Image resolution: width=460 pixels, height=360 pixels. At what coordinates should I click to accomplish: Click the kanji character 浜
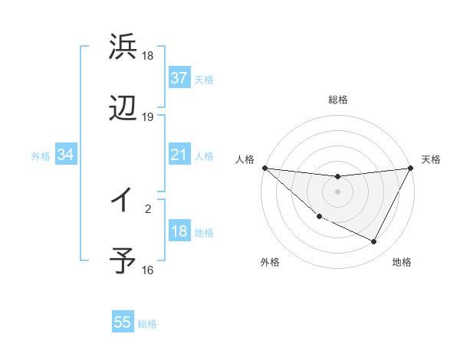[x=123, y=48]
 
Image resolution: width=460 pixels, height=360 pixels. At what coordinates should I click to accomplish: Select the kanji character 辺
[x=123, y=109]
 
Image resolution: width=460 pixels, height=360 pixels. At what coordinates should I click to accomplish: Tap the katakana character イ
[x=122, y=200]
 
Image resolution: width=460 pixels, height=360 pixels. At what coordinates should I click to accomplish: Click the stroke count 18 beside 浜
[x=148, y=56]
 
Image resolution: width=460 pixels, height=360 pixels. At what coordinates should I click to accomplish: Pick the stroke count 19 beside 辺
[x=148, y=117]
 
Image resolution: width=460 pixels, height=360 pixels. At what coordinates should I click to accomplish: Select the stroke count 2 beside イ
[x=148, y=206]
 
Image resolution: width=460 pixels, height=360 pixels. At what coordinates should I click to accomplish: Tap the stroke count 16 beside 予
[x=148, y=270]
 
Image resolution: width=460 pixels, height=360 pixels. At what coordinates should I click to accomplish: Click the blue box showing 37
[x=179, y=78]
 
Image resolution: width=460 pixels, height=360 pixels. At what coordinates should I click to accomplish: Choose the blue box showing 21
[x=179, y=155]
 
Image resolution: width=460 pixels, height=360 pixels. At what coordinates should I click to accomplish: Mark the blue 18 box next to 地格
[x=179, y=231]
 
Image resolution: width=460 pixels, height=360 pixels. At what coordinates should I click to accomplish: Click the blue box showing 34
[x=65, y=155]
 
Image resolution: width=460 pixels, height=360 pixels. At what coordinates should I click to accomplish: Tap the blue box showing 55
[x=123, y=322]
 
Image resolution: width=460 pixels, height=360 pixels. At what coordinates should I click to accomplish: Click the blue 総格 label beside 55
[x=147, y=324]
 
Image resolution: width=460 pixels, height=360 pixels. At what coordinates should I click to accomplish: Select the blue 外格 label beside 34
[x=41, y=156]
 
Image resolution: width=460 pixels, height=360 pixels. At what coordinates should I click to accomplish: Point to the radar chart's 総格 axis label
[x=337, y=100]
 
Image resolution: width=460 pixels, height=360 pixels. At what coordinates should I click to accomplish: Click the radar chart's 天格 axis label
[x=432, y=159]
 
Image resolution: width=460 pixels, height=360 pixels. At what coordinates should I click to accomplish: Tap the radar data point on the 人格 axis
[x=264, y=168]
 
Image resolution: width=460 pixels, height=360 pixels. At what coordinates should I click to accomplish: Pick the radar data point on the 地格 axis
[x=374, y=242]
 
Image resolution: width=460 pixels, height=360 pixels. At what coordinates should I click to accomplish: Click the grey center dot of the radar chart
[x=337, y=191]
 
